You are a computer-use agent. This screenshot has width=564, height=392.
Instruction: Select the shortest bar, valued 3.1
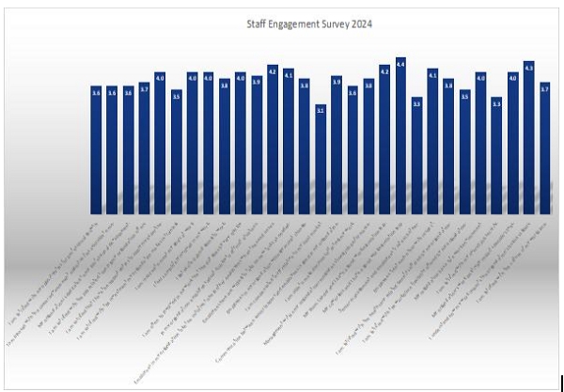(x=321, y=160)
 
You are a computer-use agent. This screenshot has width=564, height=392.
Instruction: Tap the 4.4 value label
(x=400, y=64)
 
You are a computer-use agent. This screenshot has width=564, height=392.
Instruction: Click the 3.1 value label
(x=321, y=110)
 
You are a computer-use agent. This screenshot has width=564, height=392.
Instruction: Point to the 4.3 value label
(x=528, y=68)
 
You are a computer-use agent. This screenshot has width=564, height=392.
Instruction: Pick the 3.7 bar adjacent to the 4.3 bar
(x=544, y=150)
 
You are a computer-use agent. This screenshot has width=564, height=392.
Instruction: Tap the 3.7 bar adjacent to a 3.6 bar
(x=144, y=150)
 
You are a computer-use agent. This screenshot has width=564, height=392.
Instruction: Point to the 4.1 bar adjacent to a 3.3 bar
(x=432, y=141)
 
